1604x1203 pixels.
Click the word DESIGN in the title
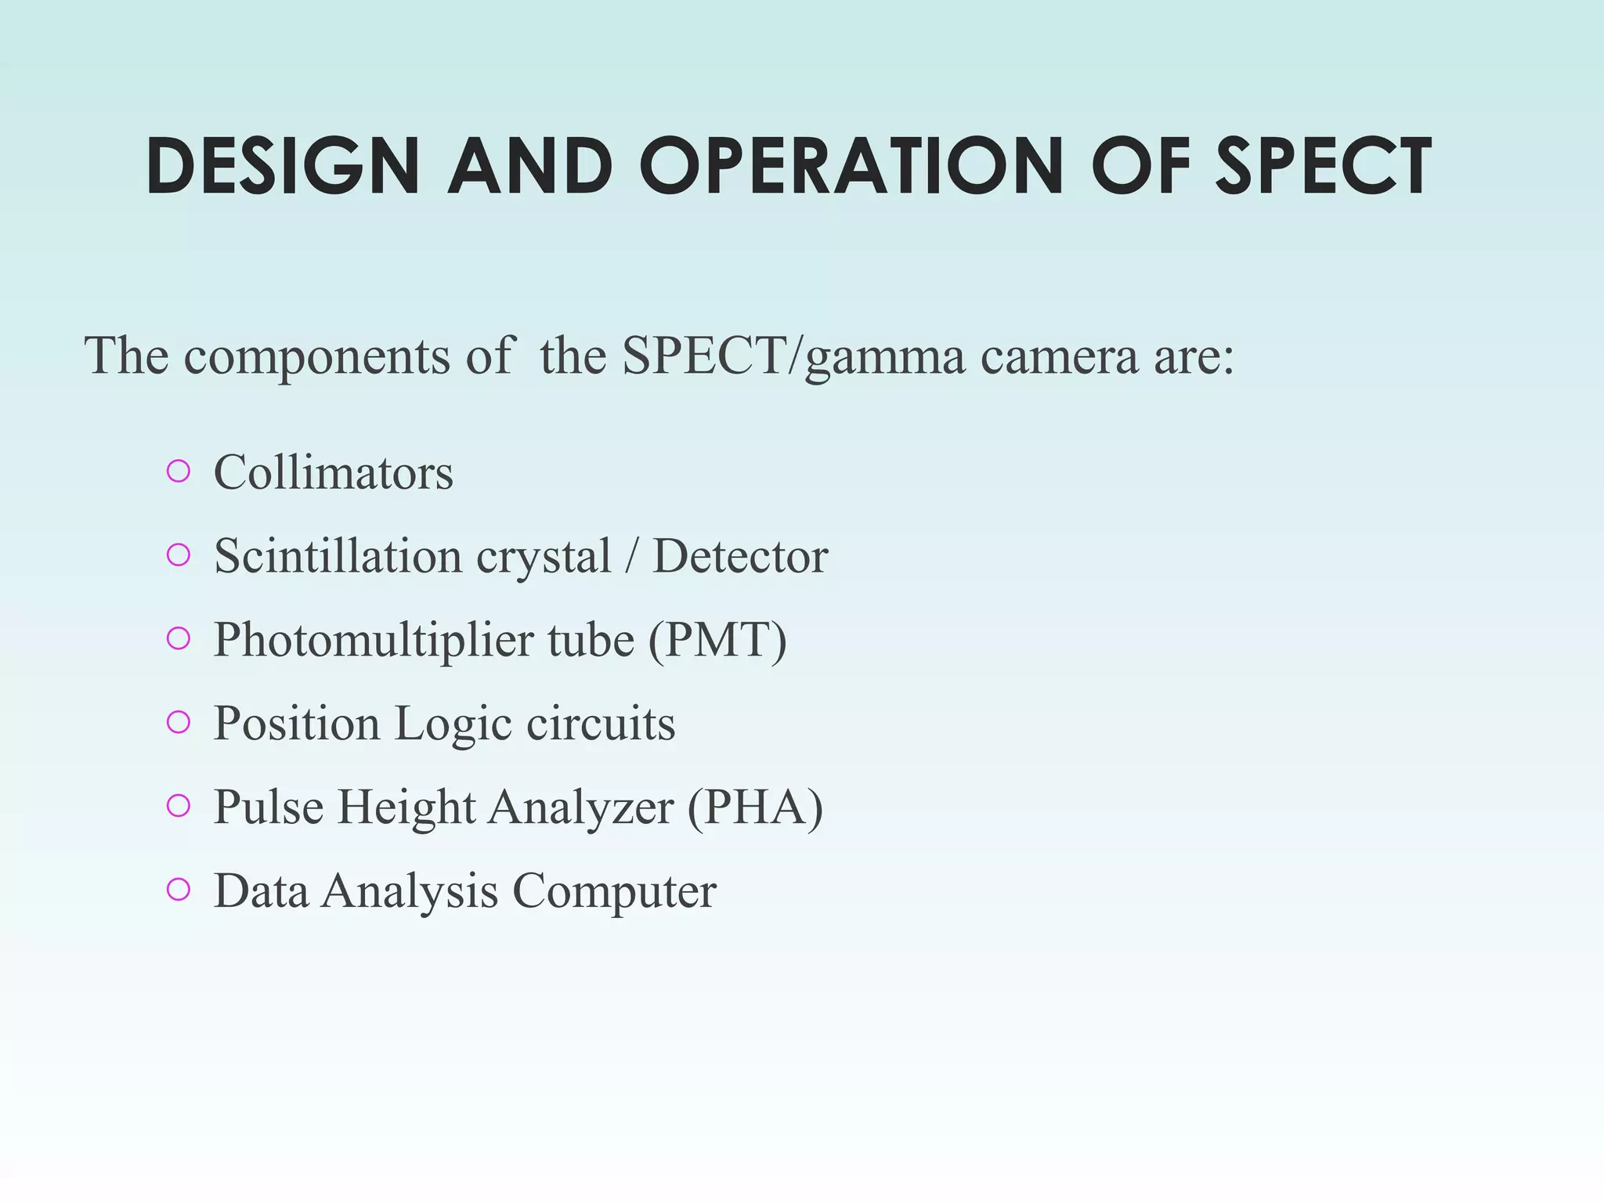[x=283, y=166]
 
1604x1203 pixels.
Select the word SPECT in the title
[x=1323, y=166]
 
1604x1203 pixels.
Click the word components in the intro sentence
[x=316, y=356]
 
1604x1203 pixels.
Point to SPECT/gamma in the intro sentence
[x=793, y=356]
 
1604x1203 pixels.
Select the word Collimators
[x=333, y=472]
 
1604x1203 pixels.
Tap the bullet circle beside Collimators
[x=179, y=471]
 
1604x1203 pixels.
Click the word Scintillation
[x=338, y=556]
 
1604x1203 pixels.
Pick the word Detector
[x=740, y=556]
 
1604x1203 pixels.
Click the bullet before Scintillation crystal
[x=179, y=555]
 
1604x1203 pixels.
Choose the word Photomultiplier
[x=373, y=640]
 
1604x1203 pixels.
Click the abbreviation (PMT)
[x=717, y=640]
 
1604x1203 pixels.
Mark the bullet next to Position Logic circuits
[x=179, y=722]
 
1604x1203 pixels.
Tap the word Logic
[x=453, y=724]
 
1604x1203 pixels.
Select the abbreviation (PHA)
[x=755, y=807]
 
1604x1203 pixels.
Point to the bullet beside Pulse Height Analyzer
[x=179, y=806]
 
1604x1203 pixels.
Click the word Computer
[x=614, y=891]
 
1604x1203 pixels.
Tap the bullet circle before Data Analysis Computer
[x=179, y=890]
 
